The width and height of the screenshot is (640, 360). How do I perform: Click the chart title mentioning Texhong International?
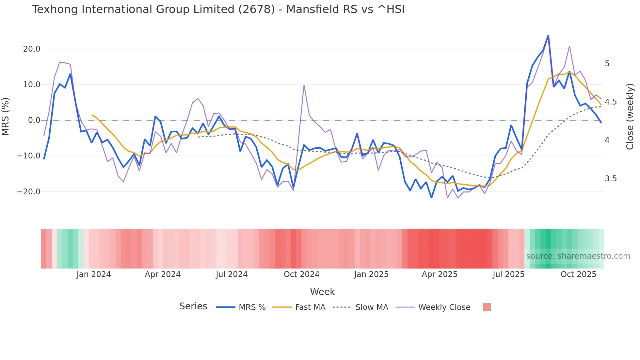(x=218, y=9)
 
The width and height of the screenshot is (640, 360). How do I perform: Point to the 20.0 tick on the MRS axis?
(x=32, y=49)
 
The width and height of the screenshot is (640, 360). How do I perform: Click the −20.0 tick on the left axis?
(x=29, y=192)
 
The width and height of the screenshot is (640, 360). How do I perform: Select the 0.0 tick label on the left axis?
(x=34, y=120)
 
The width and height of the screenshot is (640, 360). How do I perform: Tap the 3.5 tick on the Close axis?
(x=611, y=179)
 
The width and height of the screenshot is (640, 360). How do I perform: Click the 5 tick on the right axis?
(x=607, y=64)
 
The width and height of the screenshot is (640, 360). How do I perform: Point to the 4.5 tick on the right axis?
(x=611, y=102)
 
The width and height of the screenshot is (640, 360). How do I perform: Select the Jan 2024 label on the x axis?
(x=94, y=274)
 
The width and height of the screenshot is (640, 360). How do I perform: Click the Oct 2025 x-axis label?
(x=578, y=274)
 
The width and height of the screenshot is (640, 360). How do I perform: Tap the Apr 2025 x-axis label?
(x=440, y=274)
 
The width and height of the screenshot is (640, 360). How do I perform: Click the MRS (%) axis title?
(x=6, y=116)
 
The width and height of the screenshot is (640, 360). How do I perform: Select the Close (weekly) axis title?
(x=630, y=116)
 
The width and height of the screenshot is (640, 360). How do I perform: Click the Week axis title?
(x=322, y=292)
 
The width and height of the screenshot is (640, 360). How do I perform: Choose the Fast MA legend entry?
(x=310, y=307)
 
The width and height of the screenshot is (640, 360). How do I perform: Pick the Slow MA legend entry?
(x=372, y=307)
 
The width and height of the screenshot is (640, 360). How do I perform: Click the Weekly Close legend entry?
(x=444, y=307)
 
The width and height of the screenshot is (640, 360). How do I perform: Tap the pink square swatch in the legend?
(x=487, y=307)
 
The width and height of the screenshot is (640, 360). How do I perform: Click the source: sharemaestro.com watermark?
(x=578, y=256)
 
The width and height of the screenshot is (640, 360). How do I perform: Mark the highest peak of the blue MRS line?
(x=548, y=35)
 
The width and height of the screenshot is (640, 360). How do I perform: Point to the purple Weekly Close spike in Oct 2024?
(x=304, y=85)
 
